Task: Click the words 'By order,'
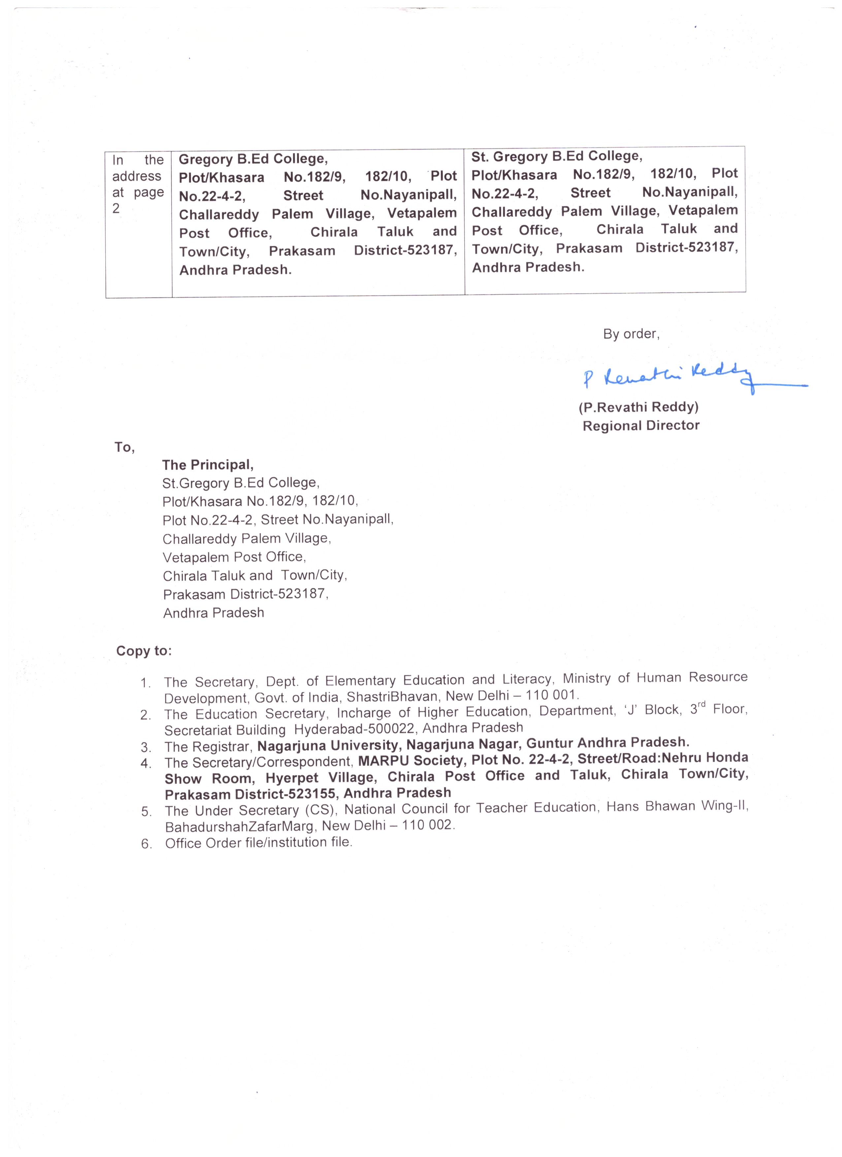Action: click(631, 334)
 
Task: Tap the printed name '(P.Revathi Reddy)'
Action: click(638, 407)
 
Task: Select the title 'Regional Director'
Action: click(641, 426)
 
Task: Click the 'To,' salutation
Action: click(124, 447)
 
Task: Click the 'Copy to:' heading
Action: click(144, 651)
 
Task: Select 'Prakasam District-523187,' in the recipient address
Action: click(245, 594)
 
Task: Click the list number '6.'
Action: click(146, 844)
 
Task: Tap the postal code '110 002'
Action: click(426, 825)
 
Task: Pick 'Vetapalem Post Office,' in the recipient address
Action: click(234, 557)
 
